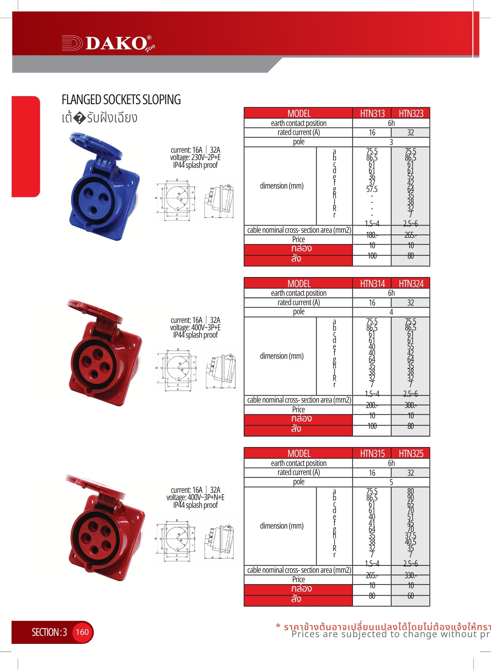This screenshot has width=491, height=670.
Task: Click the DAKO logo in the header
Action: [108, 43]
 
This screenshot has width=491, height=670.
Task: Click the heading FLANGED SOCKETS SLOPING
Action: [121, 100]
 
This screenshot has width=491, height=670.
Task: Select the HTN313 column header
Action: [372, 114]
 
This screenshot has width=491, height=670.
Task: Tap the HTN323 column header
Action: [411, 114]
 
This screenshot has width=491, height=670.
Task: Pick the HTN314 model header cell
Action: [372, 284]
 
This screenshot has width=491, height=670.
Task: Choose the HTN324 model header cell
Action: [411, 284]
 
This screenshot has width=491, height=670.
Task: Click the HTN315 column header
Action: [372, 454]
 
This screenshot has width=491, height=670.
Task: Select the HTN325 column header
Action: [411, 454]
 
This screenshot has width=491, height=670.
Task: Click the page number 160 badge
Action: [82, 632]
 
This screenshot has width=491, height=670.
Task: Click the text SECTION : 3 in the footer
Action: [49, 632]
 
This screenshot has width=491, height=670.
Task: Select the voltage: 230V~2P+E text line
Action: [195, 157]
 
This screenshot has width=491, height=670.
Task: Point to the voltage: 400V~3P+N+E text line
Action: [195, 497]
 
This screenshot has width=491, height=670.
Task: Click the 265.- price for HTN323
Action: [410, 235]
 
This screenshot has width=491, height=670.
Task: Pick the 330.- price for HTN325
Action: [410, 575]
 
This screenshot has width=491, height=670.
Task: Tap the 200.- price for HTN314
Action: [372, 405]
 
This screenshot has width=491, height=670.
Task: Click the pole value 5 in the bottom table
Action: [391, 482]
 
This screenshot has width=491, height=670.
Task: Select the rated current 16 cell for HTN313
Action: [372, 133]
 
